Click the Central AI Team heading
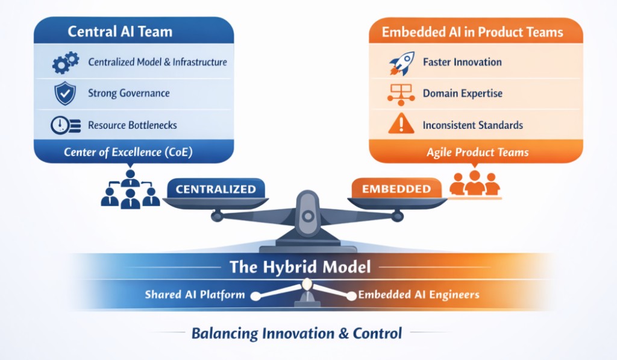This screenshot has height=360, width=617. click(x=120, y=32)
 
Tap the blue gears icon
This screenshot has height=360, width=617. click(x=65, y=62)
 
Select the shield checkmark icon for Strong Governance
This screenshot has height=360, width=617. click(x=64, y=93)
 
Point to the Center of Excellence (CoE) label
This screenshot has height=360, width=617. click(x=128, y=152)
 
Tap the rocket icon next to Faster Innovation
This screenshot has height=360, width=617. click(x=401, y=63)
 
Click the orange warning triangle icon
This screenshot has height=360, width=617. click(x=401, y=125)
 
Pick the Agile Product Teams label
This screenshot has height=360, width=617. click(x=477, y=152)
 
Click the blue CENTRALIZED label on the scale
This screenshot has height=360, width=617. click(x=216, y=189)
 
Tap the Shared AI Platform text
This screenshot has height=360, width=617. click(x=195, y=295)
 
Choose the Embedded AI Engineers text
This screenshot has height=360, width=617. click(x=419, y=295)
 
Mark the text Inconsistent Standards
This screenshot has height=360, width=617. click(x=472, y=125)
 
